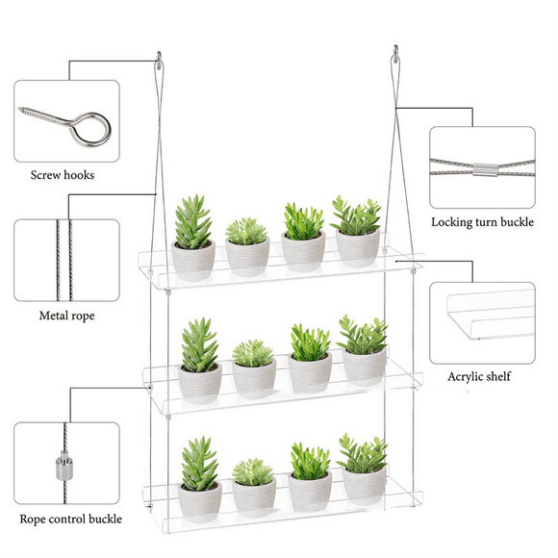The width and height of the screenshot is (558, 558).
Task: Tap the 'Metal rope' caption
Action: pos(66,315)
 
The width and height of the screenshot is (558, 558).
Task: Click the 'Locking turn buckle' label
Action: pos(481,222)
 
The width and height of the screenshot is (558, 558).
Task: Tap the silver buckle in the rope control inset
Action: pos(64,473)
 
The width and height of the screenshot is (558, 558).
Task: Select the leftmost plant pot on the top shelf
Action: pos(192,258)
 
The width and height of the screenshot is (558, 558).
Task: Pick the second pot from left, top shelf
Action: pos(247,259)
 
